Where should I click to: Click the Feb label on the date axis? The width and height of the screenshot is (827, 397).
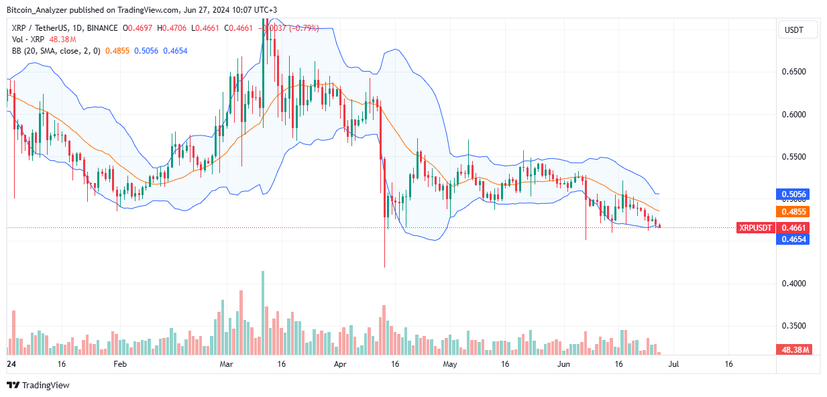click(x=119, y=364)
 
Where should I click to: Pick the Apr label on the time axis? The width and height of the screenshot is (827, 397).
click(x=341, y=364)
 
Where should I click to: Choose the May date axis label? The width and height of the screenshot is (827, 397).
click(x=449, y=364)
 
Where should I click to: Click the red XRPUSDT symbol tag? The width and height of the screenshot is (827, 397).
click(x=756, y=228)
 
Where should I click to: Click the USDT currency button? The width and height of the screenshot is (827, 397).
click(x=792, y=30)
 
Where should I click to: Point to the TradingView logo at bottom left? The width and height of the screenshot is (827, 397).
click(x=38, y=385)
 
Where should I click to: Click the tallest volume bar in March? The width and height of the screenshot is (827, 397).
click(x=263, y=313)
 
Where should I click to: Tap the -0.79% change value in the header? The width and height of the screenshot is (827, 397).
click(x=305, y=29)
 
